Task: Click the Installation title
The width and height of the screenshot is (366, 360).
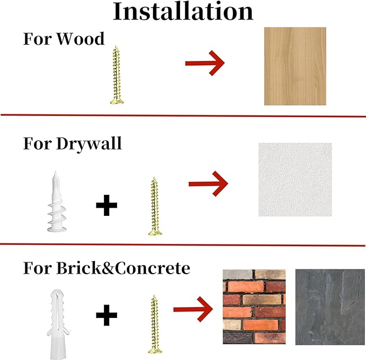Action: (183, 12)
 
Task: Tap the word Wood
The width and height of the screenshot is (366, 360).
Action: (80, 38)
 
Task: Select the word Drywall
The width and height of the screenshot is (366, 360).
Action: (89, 144)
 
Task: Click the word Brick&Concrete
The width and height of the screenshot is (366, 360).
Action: (123, 268)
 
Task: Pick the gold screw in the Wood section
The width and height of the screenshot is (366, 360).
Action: (116, 75)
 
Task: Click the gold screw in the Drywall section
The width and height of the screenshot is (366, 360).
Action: (155, 206)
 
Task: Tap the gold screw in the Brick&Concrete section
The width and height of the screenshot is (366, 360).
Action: (155, 324)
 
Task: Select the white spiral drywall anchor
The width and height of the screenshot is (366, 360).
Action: (56, 202)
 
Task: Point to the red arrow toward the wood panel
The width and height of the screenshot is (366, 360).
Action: (205, 63)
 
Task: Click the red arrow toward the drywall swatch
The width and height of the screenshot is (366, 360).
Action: (208, 184)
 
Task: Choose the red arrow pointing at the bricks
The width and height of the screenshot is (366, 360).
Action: (193, 309)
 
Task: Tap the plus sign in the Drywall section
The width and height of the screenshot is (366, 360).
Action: (106, 205)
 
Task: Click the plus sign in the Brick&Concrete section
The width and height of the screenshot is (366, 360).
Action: (106, 315)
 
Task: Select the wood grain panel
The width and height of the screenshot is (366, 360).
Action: (295, 66)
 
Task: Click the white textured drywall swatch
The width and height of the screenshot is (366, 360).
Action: (295, 180)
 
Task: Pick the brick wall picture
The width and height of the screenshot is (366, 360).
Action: (254, 307)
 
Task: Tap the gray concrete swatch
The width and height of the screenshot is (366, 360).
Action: (330, 307)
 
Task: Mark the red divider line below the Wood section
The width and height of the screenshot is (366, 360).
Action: (183, 116)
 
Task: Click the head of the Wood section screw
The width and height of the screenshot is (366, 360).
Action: (117, 101)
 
